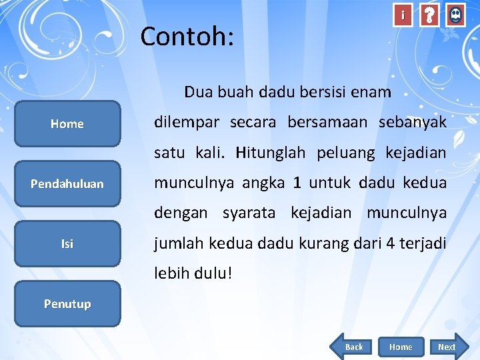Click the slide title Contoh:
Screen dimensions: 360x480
click(x=187, y=37)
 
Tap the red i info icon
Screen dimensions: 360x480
click(x=403, y=15)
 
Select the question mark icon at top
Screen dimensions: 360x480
click(x=430, y=15)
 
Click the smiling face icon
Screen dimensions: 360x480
click(x=455, y=15)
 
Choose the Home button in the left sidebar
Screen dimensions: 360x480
click(x=67, y=123)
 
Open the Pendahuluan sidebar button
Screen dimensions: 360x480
click(x=67, y=183)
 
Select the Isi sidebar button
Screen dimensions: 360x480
click(x=67, y=243)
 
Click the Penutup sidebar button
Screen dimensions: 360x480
click(x=67, y=303)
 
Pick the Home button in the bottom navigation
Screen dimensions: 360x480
click(x=400, y=347)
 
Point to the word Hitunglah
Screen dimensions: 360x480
click(x=270, y=153)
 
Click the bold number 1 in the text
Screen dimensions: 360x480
click(x=297, y=183)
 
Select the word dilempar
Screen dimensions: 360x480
click(x=188, y=123)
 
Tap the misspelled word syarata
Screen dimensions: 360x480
click(x=249, y=213)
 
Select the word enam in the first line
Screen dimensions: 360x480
click(x=374, y=92)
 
